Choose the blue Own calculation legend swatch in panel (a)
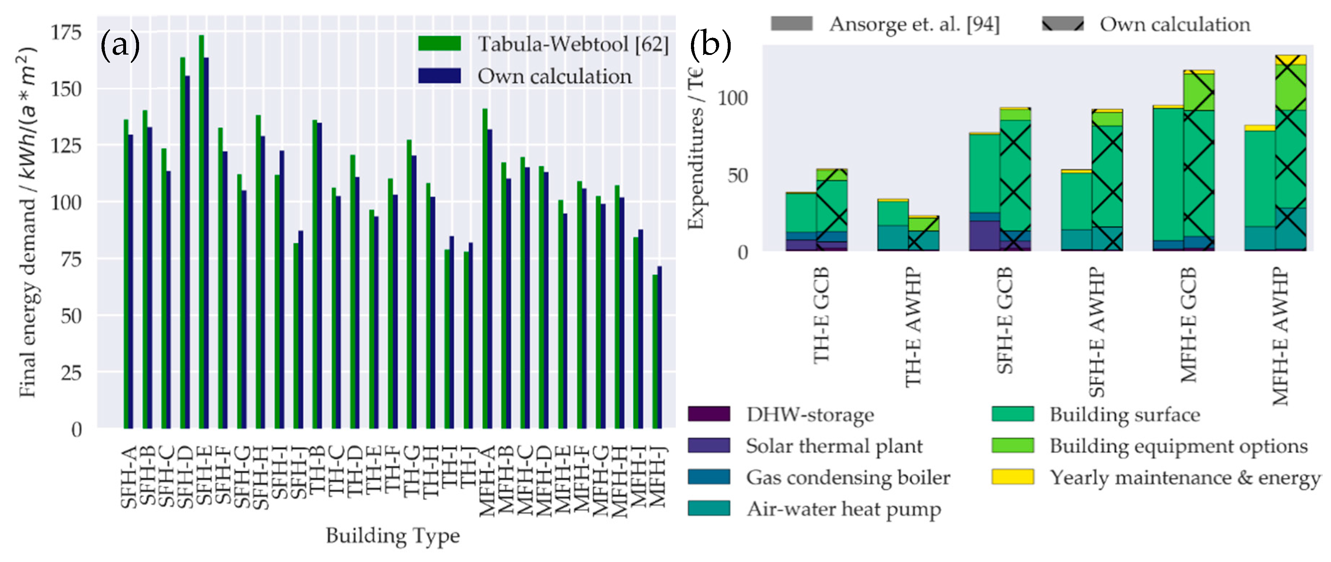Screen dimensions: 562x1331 point(439,76)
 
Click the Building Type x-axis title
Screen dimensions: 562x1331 point(393,535)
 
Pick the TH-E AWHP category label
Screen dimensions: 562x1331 point(913,327)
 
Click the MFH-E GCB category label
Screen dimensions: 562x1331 point(1188,325)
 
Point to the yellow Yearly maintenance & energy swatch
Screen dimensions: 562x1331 point(1012,477)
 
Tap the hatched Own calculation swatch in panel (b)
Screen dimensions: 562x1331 point(1062,24)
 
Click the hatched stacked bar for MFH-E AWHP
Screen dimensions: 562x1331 point(1290,155)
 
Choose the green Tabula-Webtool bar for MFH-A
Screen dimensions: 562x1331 point(485,269)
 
